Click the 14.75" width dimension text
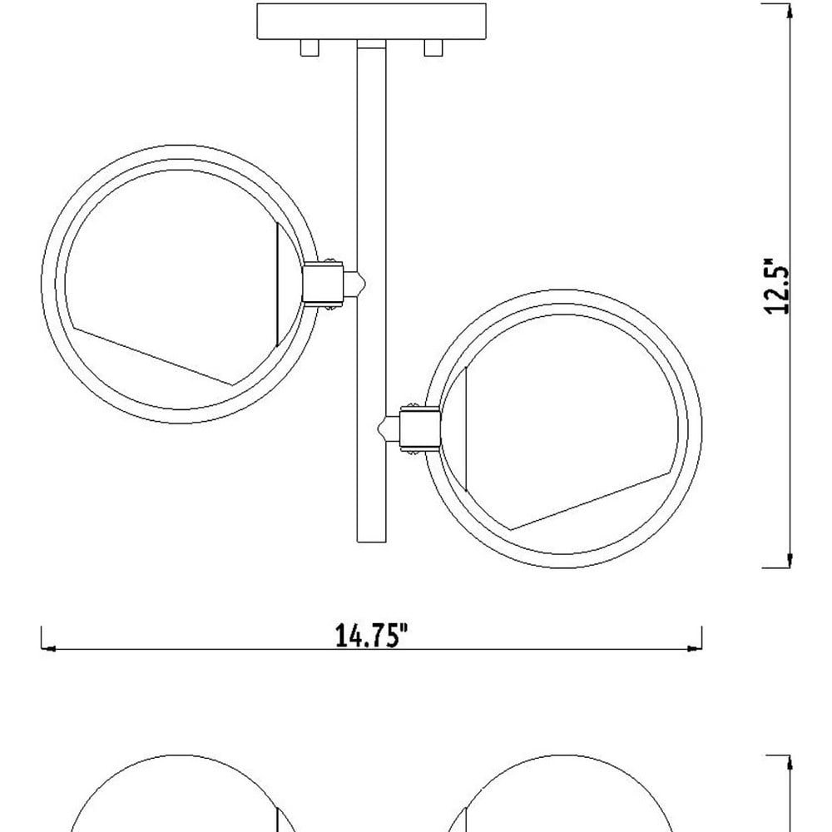point(372,635)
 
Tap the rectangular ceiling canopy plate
point(371,22)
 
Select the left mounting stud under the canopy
point(310,47)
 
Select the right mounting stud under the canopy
point(433,47)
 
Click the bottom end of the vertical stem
point(371,542)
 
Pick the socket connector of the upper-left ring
point(323,282)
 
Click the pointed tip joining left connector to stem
point(365,282)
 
